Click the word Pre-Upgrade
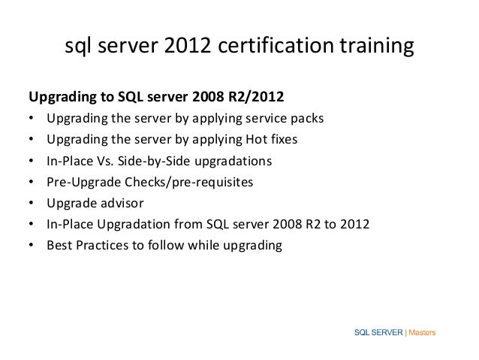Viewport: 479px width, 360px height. click(x=81, y=181)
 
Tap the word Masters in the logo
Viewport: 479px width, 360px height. click(x=423, y=331)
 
